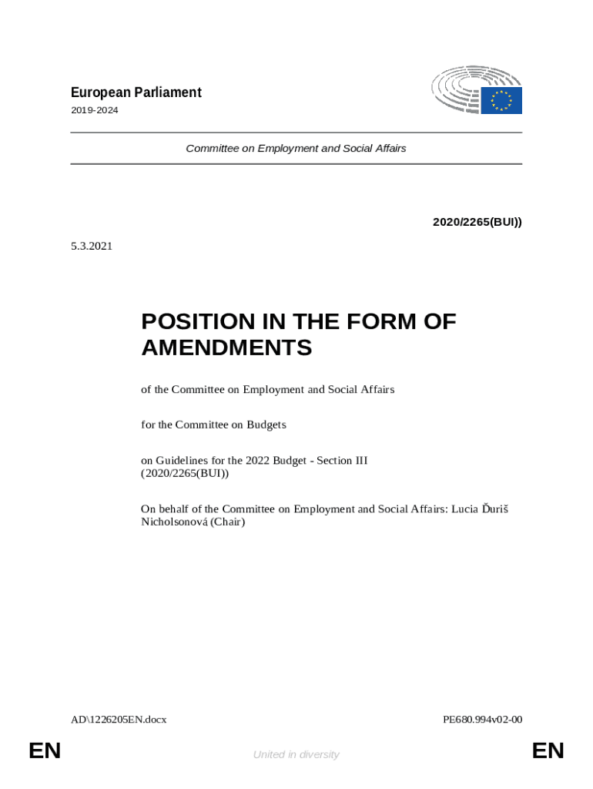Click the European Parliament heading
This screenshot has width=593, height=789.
tap(136, 92)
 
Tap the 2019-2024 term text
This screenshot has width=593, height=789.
tap(95, 111)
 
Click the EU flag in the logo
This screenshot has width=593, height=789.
tap(502, 100)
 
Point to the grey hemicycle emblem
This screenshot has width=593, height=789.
tap(457, 89)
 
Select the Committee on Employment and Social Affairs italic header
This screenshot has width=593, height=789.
tap(296, 148)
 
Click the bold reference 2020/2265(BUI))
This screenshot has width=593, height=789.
tap(477, 222)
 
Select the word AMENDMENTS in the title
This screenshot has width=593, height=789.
tap(226, 348)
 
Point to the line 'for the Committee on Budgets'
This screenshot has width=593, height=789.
tap(213, 425)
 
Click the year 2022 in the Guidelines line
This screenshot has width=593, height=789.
tap(259, 460)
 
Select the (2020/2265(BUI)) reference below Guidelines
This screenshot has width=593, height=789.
tap(185, 473)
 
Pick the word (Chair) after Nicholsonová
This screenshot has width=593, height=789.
tap(228, 522)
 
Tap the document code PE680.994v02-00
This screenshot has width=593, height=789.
tap(483, 720)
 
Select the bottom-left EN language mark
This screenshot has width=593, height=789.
tap(45, 751)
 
